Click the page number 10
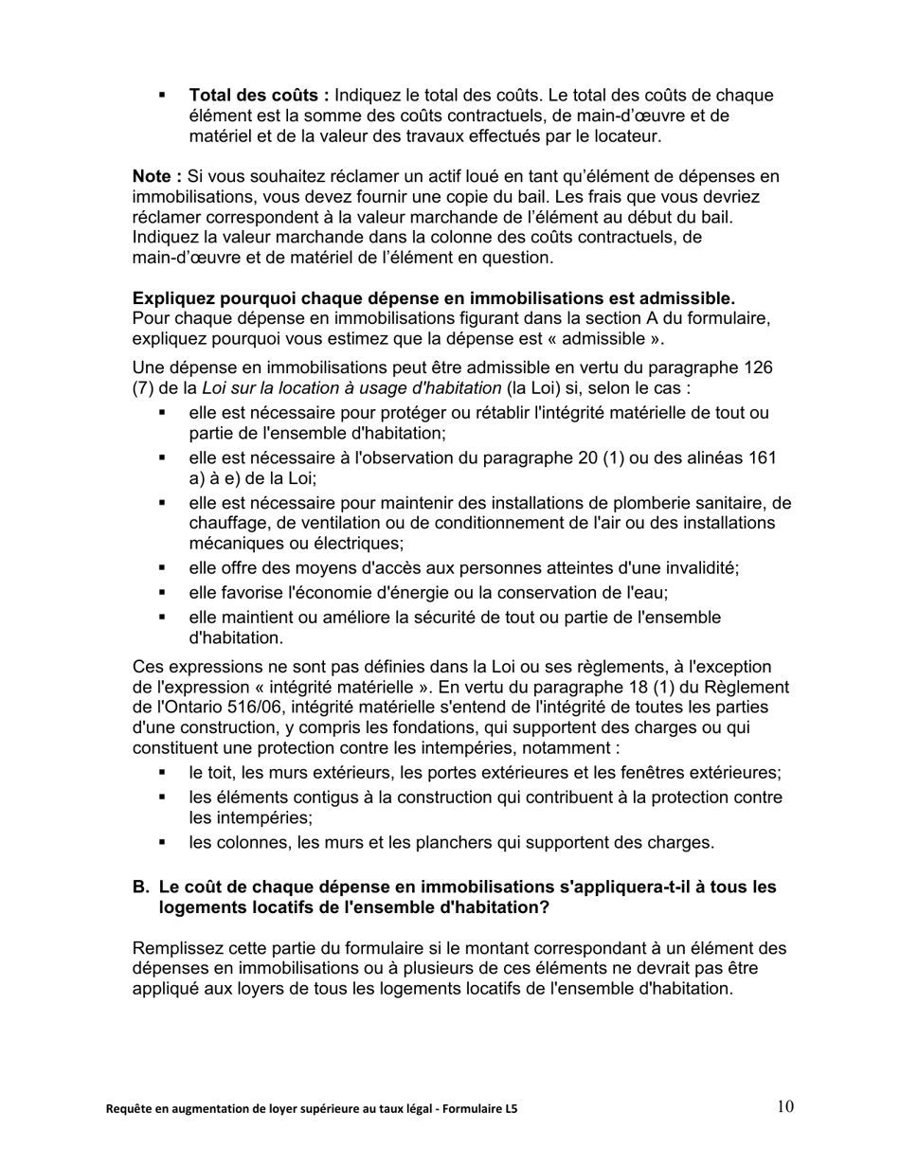[x=785, y=1106]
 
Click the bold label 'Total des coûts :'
[x=259, y=96]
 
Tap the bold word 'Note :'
[x=157, y=176]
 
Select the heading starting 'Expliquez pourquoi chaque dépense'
[x=434, y=298]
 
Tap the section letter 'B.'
[x=141, y=887]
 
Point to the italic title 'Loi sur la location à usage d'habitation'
[x=351, y=387]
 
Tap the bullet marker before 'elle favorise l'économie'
[x=162, y=593]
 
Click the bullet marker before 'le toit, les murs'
[x=162, y=773]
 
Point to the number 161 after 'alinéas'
[x=762, y=458]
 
